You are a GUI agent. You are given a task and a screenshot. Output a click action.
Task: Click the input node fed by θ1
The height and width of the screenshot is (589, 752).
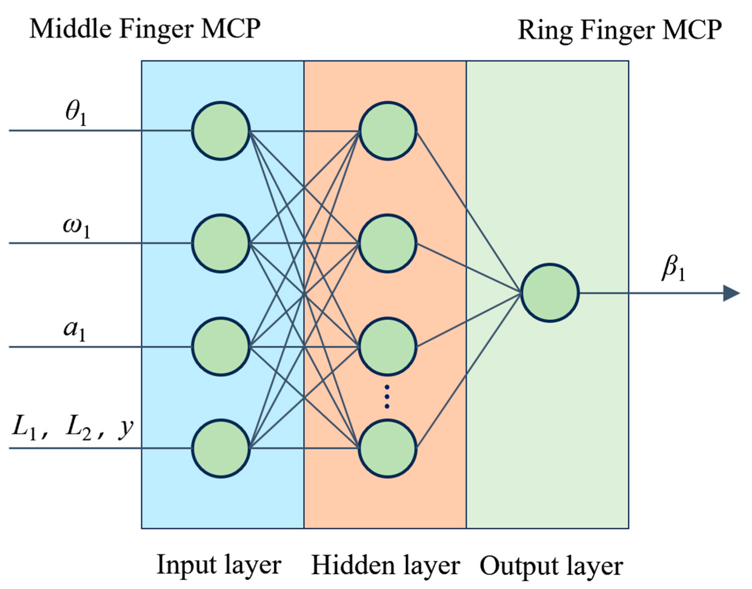221,131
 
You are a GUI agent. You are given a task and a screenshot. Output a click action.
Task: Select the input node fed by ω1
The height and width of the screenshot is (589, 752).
221,243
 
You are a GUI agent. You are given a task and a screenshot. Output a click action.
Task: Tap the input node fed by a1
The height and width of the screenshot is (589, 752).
221,347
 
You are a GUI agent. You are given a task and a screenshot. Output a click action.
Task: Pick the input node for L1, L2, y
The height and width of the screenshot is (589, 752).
221,448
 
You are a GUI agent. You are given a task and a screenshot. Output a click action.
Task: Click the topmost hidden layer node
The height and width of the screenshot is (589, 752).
387,131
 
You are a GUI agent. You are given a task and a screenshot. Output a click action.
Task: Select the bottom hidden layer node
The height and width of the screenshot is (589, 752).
387,448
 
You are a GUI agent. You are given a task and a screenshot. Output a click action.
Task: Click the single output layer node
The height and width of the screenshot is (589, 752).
550,293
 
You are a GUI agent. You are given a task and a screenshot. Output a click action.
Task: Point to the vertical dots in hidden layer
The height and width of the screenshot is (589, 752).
387,397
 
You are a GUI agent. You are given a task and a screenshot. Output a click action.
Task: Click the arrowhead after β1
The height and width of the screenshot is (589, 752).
731,293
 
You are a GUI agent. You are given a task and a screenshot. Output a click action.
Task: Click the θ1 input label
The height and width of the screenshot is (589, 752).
76,116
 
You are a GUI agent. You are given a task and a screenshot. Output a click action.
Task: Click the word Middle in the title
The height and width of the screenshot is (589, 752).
70,29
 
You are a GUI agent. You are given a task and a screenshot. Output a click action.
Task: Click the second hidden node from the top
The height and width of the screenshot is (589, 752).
387,243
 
